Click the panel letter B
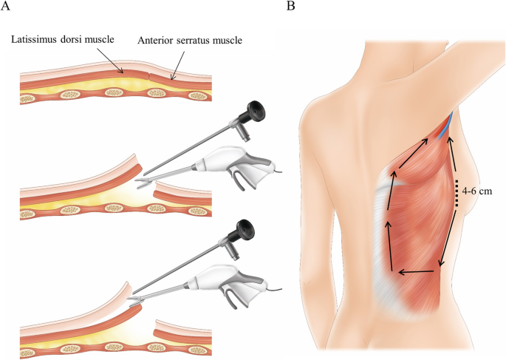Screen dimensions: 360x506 coord(290,7)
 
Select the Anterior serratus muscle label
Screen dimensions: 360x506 coord(190,39)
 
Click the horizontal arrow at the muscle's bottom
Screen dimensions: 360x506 coord(418,273)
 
